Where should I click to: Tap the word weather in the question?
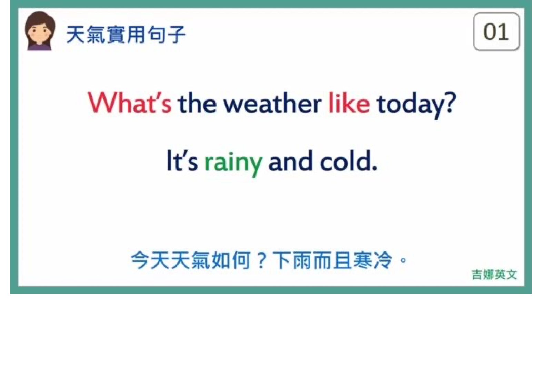point(272,103)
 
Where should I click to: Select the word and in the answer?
point(290,161)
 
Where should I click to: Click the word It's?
point(182,161)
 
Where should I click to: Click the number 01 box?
point(496,31)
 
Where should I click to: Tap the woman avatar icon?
point(40,31)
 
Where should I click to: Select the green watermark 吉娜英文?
point(494,275)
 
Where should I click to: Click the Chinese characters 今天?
point(151,260)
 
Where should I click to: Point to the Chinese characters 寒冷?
point(373,260)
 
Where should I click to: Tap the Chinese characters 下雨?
point(292,260)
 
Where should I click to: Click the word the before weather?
point(197,103)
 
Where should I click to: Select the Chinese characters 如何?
point(231,260)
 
